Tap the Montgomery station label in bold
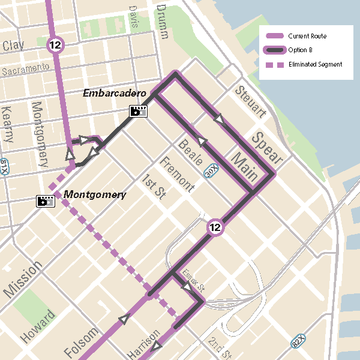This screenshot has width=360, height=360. point(95,194)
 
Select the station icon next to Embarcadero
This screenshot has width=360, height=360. point(139,111)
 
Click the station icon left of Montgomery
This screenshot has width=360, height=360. point(46,201)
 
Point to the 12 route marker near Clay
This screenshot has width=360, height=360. point(56,44)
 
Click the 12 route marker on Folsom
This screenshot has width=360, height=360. point(215,227)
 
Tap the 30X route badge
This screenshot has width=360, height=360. point(211,170)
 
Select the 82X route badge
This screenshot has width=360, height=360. point(299,342)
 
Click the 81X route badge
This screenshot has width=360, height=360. point(4,166)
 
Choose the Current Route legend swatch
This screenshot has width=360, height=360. point(274,36)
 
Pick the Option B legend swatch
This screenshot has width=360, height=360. point(274,50)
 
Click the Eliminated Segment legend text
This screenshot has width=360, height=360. point(315,64)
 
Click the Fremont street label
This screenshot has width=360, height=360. point(177,175)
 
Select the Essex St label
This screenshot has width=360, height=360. point(194,278)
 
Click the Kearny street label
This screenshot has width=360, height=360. point(8,124)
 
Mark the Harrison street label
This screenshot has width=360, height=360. point(144,343)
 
